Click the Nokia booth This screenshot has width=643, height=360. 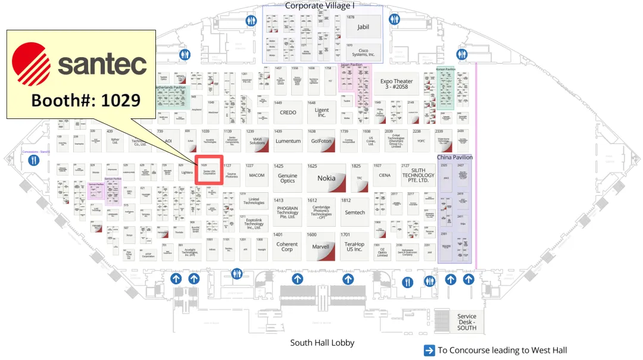point(326,177)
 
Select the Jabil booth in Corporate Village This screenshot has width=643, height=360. point(363,27)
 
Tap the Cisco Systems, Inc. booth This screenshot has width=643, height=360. point(363,52)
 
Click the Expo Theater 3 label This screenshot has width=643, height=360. point(397,84)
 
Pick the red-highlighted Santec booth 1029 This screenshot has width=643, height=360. point(210,170)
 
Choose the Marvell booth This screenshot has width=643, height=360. point(321,246)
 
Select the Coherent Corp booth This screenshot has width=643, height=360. point(287,246)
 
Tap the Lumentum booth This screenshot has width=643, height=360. point(288,142)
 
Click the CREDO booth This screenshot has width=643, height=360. point(288,112)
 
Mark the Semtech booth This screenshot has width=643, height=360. point(355,212)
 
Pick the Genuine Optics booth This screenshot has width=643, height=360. point(288,178)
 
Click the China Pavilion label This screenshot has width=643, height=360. point(455,158)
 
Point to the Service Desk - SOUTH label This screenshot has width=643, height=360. point(467,322)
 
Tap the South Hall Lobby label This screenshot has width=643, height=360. point(322,343)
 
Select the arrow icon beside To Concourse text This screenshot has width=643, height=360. point(429,350)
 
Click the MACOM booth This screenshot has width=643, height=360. point(257,176)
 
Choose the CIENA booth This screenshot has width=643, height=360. point(385,176)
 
